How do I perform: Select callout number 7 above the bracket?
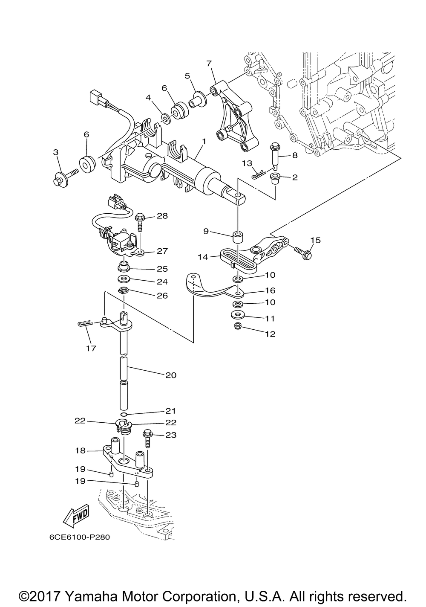[x=209, y=64]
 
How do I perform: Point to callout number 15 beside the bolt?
[x=316, y=240]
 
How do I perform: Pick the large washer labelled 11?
[x=237, y=314]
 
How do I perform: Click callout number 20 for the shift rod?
[x=171, y=375]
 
